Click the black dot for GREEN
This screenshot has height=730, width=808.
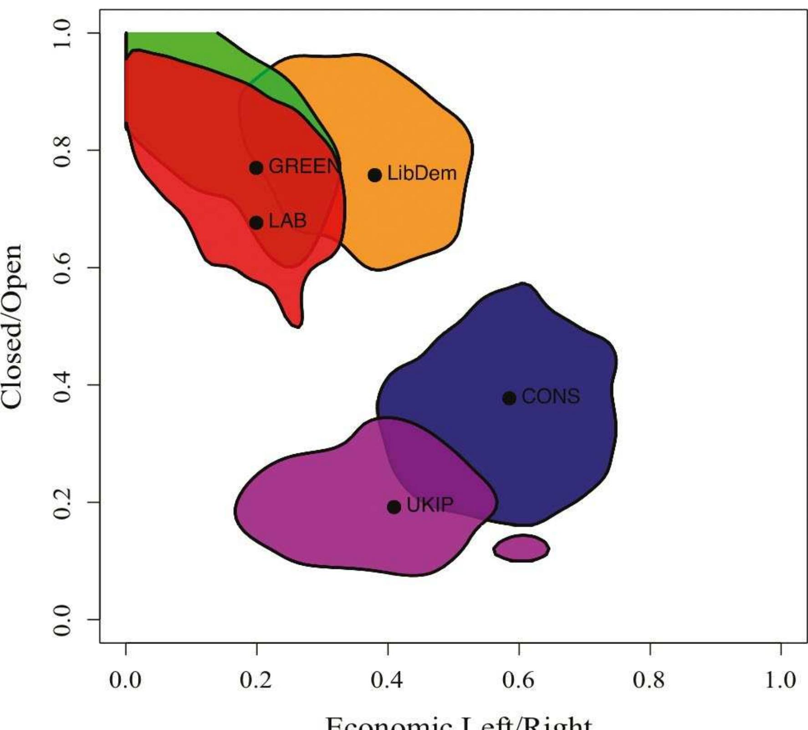tap(256, 168)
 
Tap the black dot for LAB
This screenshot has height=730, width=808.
tap(256, 223)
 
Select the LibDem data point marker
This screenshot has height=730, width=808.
tap(375, 175)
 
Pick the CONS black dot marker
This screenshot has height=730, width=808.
tap(509, 398)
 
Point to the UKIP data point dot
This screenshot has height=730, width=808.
tap(394, 507)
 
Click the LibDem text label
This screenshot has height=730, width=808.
tap(422, 174)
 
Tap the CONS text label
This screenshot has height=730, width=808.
tap(551, 396)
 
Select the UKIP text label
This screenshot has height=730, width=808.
tap(430, 505)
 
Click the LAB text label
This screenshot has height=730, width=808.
tap(288, 221)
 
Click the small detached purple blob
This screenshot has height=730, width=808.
tap(522, 548)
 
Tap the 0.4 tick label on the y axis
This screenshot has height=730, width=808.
tap(62, 385)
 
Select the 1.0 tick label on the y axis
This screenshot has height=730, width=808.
tap(62, 33)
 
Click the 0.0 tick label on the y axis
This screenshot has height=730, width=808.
tap(62, 619)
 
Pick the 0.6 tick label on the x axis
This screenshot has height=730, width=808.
tap(519, 680)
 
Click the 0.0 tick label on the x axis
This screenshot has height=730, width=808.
tap(126, 680)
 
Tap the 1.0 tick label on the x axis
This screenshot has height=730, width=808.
tap(780, 680)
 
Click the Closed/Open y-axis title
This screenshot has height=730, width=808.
tap(13, 326)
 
